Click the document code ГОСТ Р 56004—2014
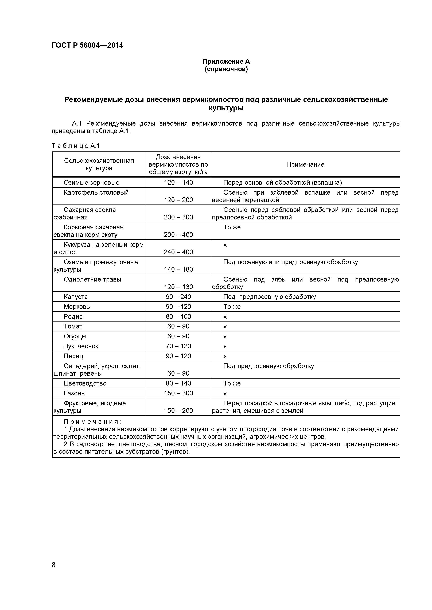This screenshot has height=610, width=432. pyautogui.click(x=87, y=45)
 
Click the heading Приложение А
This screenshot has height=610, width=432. pyautogui.click(x=226, y=62)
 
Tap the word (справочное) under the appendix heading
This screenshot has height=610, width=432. pyautogui.click(x=226, y=69)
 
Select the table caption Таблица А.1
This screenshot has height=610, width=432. pyautogui.click(x=76, y=146)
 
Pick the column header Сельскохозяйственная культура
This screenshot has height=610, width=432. pyautogui.click(x=99, y=164)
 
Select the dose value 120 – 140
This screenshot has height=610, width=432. pyautogui.click(x=178, y=183)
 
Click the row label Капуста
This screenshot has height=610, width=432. pyautogui.click(x=76, y=297)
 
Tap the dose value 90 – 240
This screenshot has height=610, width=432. pyautogui.click(x=178, y=297)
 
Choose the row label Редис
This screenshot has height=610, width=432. pyautogui.click(x=73, y=317)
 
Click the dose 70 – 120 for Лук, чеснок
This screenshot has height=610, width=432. pyautogui.click(x=178, y=346)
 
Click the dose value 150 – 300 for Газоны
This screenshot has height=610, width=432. pyautogui.click(x=178, y=393)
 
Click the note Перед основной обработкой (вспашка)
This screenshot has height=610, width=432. pyautogui.click(x=282, y=183)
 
